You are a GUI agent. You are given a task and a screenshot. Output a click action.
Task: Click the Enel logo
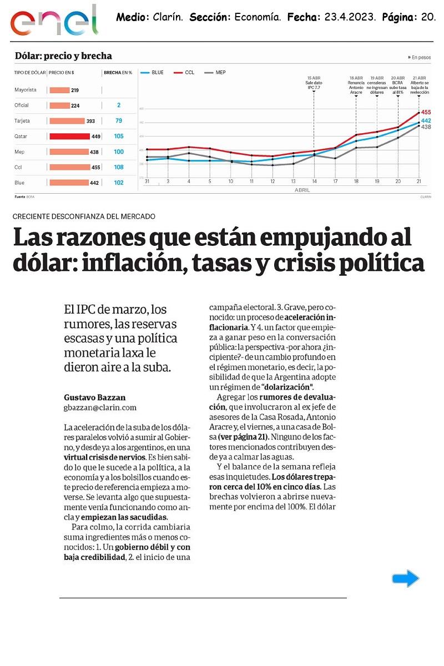click(x=54, y=21)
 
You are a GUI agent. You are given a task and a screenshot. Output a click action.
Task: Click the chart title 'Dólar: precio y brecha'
click(x=63, y=56)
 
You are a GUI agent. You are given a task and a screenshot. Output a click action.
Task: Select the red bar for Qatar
click(x=69, y=136)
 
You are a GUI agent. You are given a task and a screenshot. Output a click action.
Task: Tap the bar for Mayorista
click(x=59, y=90)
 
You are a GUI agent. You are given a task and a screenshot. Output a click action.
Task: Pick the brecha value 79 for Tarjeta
click(x=119, y=120)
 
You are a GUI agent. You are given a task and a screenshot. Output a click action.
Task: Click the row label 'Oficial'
click(x=22, y=105)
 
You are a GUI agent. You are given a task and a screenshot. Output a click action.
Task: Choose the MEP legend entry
click(x=216, y=73)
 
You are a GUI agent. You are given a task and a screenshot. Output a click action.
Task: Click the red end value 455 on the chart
click(x=426, y=112)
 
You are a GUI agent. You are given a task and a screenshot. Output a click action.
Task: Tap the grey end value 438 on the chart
click(x=426, y=127)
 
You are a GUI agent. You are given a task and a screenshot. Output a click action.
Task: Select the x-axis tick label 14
click(x=314, y=181)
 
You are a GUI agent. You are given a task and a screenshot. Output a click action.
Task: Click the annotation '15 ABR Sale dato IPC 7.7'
click(x=314, y=83)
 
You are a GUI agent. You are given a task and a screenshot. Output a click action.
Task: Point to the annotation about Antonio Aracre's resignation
click(x=356, y=85)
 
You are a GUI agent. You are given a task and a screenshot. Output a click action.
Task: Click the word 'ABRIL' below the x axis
click(x=302, y=190)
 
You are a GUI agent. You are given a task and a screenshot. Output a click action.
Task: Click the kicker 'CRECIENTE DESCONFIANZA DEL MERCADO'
click(x=84, y=216)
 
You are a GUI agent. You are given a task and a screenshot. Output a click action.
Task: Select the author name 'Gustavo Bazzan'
click(x=94, y=397)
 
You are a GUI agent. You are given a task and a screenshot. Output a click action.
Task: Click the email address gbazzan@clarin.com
click(x=100, y=407)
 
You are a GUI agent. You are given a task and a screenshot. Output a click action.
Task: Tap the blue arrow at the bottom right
click(x=405, y=579)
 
